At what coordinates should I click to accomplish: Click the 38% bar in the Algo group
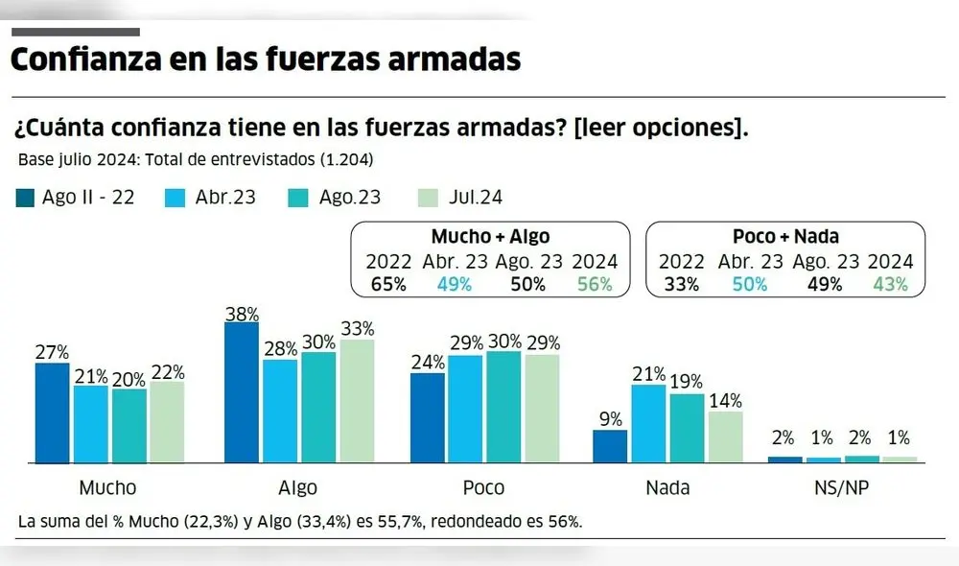241,392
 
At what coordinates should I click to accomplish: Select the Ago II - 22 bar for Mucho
53,413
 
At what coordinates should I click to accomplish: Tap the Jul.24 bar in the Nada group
724,437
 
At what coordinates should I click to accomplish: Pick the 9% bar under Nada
610,447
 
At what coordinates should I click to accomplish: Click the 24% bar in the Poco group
428,418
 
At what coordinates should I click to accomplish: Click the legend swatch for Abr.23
176,198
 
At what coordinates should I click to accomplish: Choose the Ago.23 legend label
350,198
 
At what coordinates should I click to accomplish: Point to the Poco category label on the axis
483,487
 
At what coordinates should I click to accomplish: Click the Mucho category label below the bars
107,487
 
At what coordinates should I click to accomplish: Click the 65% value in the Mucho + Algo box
388,284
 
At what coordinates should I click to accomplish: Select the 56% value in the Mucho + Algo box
594,284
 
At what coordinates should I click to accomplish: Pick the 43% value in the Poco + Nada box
889,284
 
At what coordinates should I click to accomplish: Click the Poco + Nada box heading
784,237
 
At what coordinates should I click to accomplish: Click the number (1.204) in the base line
340,159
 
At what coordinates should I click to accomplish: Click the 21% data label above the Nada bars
649,373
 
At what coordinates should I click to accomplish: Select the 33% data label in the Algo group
356,327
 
